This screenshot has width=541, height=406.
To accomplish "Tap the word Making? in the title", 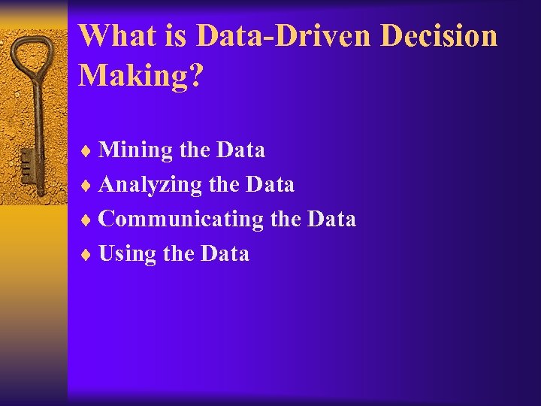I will point(141,75).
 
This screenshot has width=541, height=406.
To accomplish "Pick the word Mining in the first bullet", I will point(136,150).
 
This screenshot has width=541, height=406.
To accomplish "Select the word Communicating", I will point(181,220).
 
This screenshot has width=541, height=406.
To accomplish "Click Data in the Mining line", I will point(240,150).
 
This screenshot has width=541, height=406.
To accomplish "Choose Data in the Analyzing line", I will point(270,185).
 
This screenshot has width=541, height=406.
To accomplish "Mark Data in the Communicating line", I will point(331,220).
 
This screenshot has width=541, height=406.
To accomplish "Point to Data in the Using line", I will point(225,254).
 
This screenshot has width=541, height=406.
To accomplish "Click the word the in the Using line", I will point(178,254).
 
